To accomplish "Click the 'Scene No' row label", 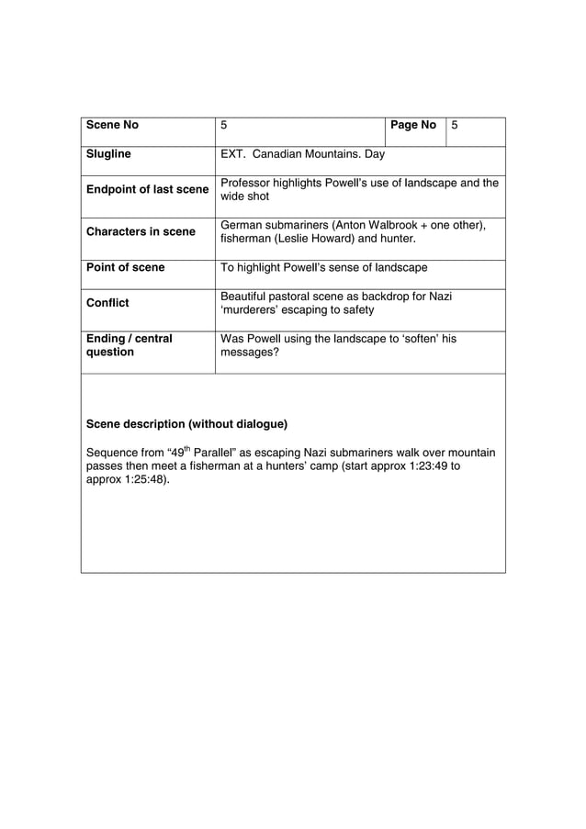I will pyautogui.click(x=112, y=125).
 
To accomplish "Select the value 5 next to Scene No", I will pyautogui.click(x=224, y=125).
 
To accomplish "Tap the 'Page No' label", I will pyautogui.click(x=412, y=125).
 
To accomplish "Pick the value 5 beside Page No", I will pyautogui.click(x=454, y=125).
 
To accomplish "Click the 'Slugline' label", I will pyautogui.click(x=108, y=154).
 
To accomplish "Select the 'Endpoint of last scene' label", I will pyautogui.click(x=147, y=190).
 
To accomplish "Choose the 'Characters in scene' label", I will pyautogui.click(x=141, y=232).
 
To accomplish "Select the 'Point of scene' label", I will pyautogui.click(x=125, y=268).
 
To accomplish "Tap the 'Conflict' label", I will pyautogui.click(x=107, y=303).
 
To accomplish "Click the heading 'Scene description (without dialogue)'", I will pyautogui.click(x=186, y=424).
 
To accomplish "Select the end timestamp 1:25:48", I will pyautogui.click(x=143, y=480).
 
